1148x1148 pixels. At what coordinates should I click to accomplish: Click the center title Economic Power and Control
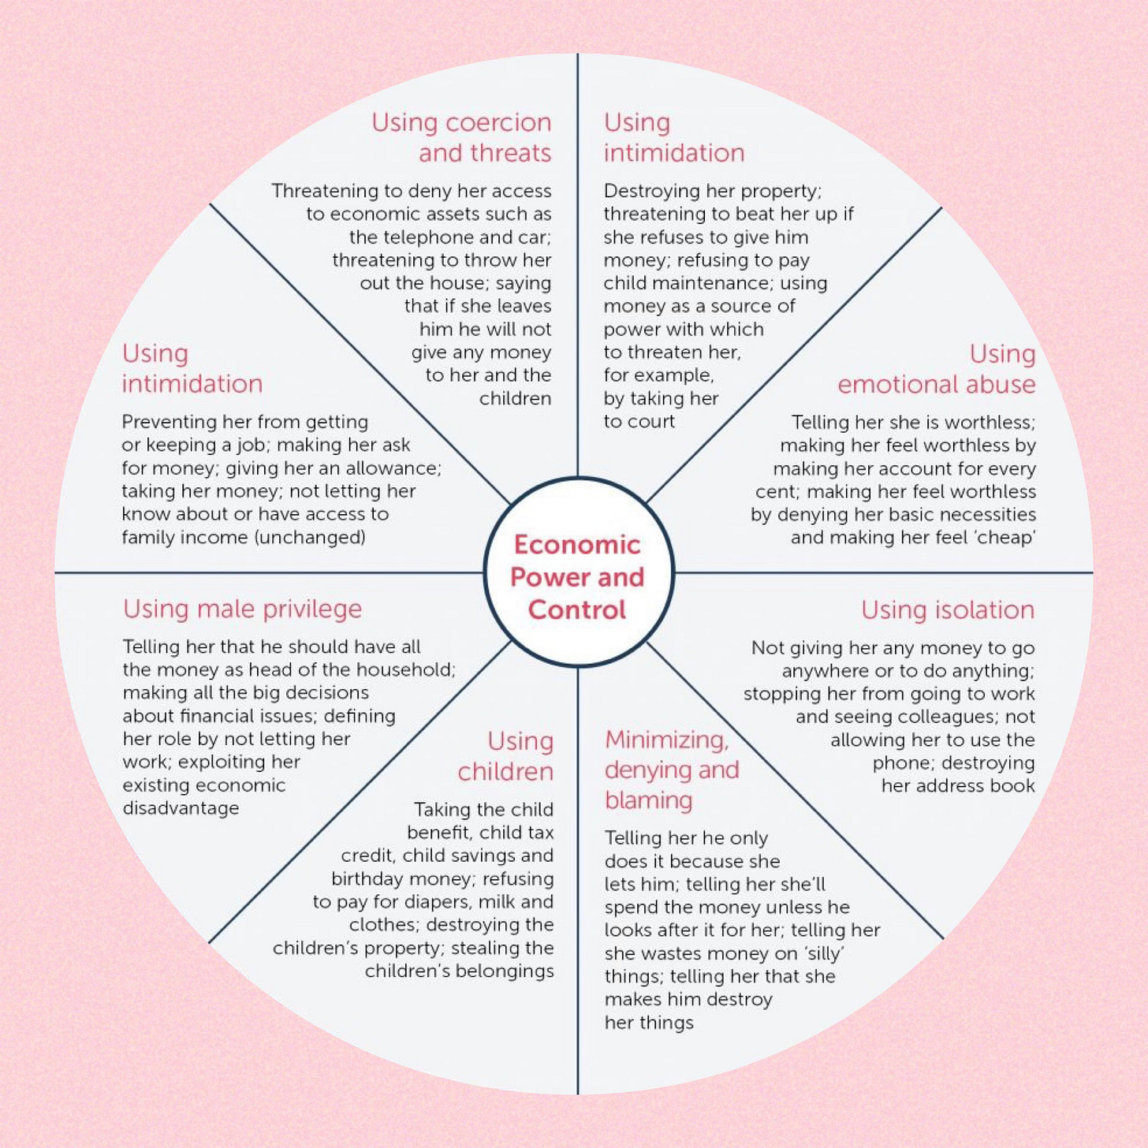(x=577, y=576)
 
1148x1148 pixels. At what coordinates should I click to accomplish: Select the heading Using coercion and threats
(x=461, y=137)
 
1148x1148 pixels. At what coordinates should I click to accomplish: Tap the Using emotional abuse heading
(x=937, y=369)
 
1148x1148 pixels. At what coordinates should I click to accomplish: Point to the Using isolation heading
(x=947, y=609)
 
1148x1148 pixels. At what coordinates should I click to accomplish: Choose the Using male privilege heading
(x=242, y=609)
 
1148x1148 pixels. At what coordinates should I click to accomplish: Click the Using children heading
(x=506, y=755)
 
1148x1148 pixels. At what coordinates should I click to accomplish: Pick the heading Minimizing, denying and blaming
(x=671, y=770)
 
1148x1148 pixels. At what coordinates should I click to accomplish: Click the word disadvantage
(x=181, y=808)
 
